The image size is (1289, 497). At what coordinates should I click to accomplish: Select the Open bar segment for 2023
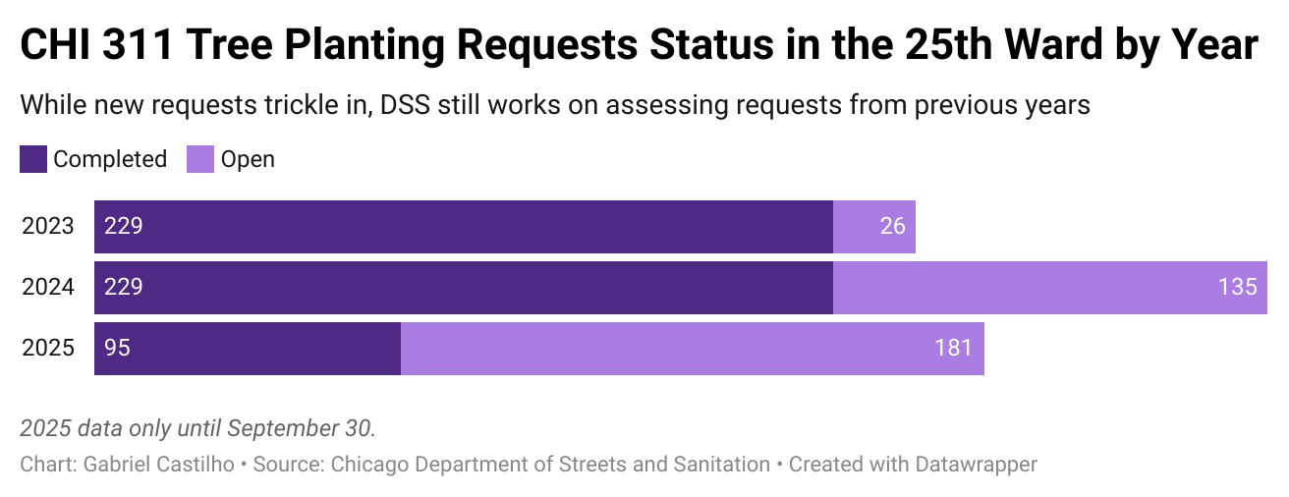[x=874, y=227]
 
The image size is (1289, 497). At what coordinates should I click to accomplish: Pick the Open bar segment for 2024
[x=1049, y=288]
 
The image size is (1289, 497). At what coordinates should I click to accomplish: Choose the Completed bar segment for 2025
[x=248, y=349]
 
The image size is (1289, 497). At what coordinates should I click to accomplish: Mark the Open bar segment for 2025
[x=692, y=349]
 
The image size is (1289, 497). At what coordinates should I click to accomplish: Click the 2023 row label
[x=48, y=227]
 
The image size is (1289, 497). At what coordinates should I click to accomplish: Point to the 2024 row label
[x=48, y=288]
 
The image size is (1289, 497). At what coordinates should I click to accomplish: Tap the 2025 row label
[x=48, y=349]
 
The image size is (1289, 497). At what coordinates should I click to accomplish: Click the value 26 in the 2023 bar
[x=892, y=227]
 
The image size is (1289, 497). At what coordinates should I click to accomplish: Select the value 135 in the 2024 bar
[x=1237, y=288]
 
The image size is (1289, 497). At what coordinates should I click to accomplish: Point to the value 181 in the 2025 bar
[x=954, y=349]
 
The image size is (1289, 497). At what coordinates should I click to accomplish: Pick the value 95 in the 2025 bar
[x=118, y=349]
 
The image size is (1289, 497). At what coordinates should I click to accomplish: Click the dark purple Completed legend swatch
[x=33, y=159]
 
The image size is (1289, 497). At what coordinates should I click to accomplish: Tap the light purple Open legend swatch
[x=200, y=159]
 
